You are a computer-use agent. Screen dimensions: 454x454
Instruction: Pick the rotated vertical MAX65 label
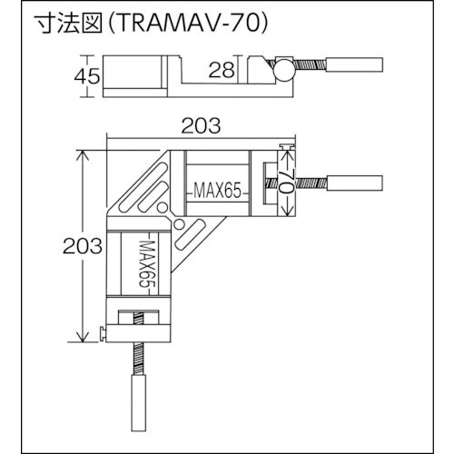[x=144, y=263]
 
